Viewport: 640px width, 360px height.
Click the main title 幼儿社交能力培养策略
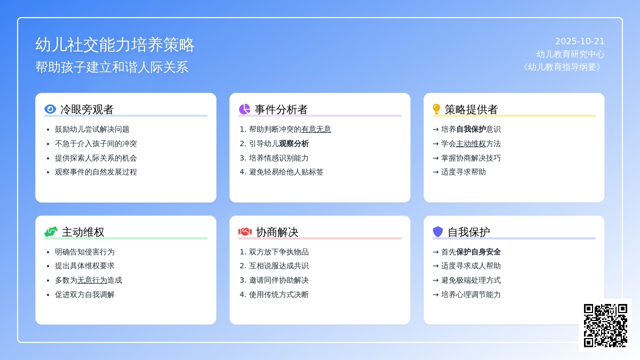coord(115,45)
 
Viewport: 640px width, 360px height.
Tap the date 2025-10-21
coord(580,42)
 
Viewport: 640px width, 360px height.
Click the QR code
coord(605,325)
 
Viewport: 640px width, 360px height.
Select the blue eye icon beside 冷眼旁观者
coord(50,109)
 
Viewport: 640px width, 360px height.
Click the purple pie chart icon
coord(244,109)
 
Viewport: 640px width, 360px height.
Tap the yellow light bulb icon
coord(436,109)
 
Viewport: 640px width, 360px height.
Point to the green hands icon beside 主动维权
coord(51,231)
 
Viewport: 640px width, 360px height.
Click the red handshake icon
coord(245,231)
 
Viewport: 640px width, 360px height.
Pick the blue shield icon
coord(438,231)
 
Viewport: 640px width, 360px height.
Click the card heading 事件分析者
coord(281,109)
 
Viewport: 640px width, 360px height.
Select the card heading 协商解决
coord(277,232)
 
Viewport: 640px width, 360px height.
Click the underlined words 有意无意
coord(316,130)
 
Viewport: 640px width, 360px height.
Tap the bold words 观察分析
coord(294,143)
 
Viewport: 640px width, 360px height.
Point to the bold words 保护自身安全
coord(478,252)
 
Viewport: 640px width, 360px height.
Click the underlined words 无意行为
coord(92,281)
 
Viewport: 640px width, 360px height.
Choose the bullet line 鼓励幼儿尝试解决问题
coord(92,130)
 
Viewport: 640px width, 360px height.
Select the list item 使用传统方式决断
coord(278,294)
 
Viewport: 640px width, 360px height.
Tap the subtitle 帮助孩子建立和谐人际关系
coord(111,67)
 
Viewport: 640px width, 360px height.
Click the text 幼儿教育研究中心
coord(570,54)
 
